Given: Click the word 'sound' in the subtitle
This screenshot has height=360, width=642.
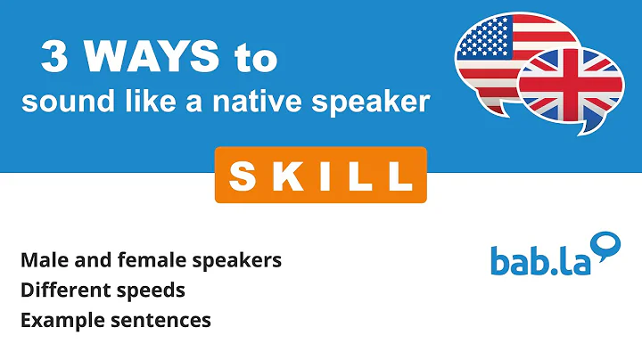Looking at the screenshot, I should click(60, 102).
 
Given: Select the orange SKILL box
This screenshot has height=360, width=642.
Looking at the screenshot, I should click(320, 175).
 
